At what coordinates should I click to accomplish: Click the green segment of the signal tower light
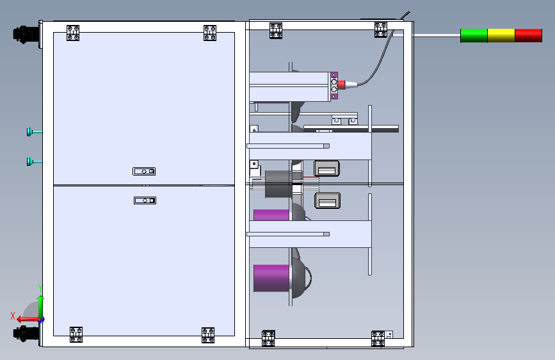(x=474, y=35)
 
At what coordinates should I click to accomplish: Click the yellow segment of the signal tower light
(x=501, y=35)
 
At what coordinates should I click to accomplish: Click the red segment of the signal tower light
(x=529, y=35)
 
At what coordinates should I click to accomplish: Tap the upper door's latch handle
(x=145, y=171)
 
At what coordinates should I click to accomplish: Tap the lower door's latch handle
(x=145, y=200)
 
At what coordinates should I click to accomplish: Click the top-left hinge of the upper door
(x=73, y=33)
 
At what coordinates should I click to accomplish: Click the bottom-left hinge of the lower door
(x=76, y=334)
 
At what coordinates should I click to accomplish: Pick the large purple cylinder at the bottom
(x=272, y=277)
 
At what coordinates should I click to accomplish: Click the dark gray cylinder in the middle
(x=278, y=184)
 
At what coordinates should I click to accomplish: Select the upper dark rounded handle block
(x=326, y=168)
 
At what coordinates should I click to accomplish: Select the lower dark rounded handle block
(x=326, y=201)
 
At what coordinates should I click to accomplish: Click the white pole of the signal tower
(x=435, y=36)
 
